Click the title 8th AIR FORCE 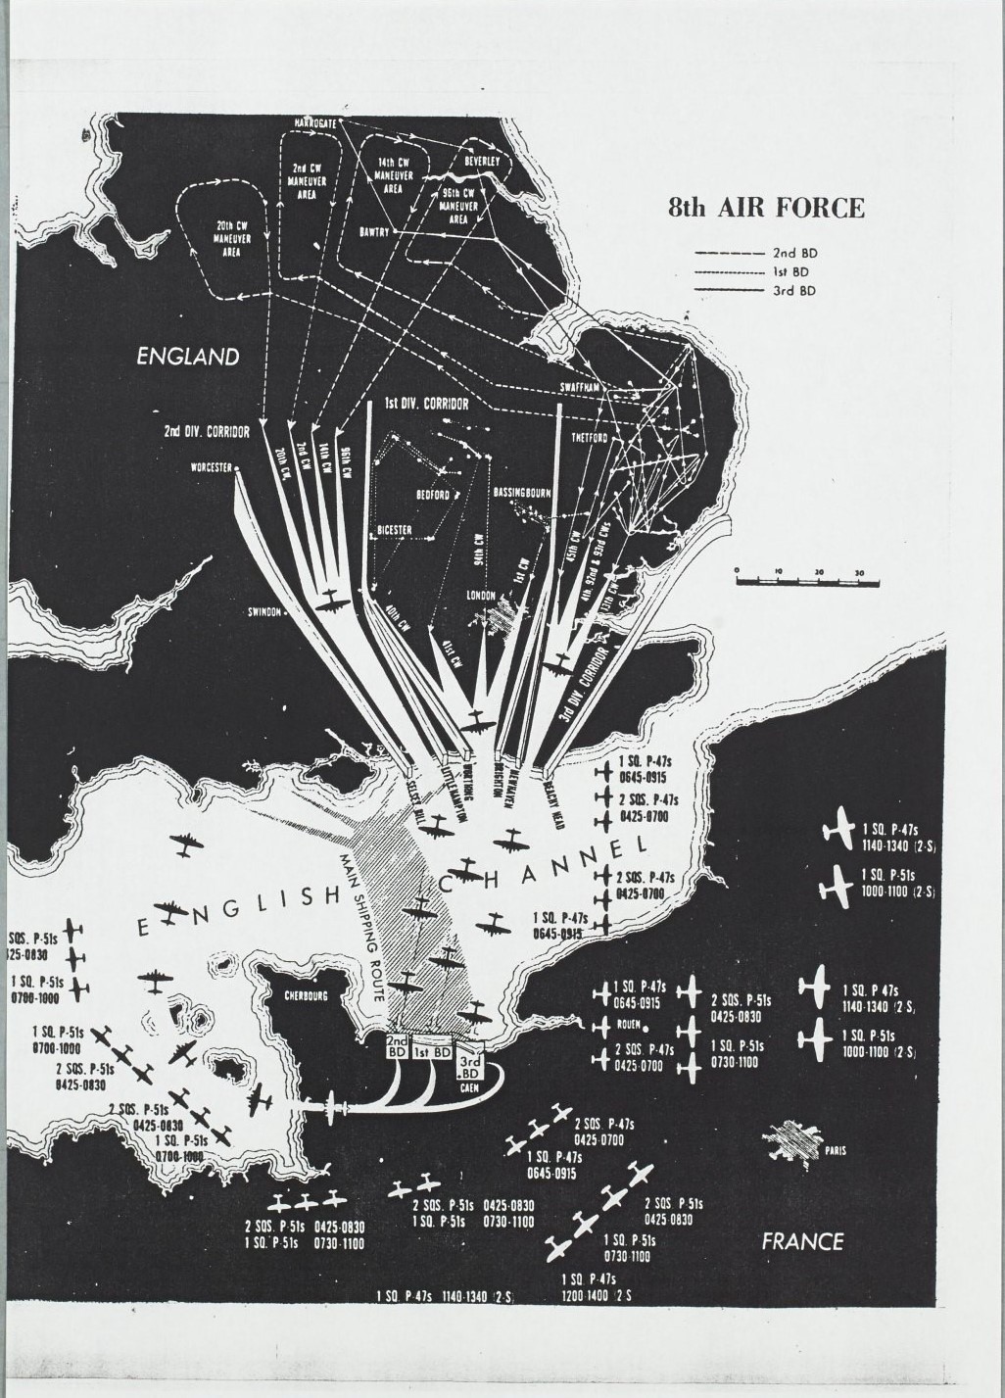pyautogui.click(x=766, y=208)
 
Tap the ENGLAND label pyautogui.click(x=187, y=357)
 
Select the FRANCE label pyautogui.click(x=802, y=1241)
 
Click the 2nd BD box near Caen pyautogui.click(x=397, y=1045)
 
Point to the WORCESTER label pyautogui.click(x=212, y=467)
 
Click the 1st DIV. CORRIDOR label pyautogui.click(x=426, y=404)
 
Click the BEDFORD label pyautogui.click(x=432, y=496)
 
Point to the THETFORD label pyautogui.click(x=591, y=438)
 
